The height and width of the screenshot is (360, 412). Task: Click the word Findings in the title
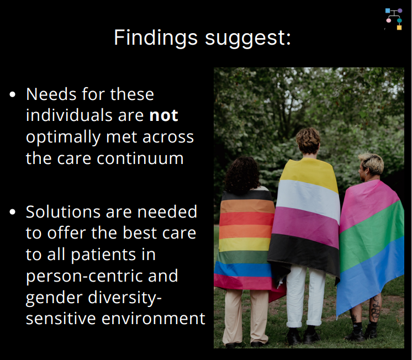pyautogui.click(x=156, y=38)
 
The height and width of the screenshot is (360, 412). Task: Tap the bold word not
pyautogui.click(x=163, y=115)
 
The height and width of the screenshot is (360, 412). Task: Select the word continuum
pyautogui.click(x=140, y=158)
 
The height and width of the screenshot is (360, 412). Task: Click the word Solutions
pyautogui.click(x=63, y=211)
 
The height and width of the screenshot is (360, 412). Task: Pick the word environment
pyautogui.click(x=153, y=319)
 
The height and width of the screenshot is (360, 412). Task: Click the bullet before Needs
pyautogui.click(x=12, y=94)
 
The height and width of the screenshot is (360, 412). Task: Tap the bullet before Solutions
pyautogui.click(x=12, y=212)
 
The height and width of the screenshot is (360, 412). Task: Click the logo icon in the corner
pyautogui.click(x=394, y=19)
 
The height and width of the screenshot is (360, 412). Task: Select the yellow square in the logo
pyautogui.click(x=399, y=28)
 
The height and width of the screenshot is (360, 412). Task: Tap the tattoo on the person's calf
pyautogui.click(x=375, y=308)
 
